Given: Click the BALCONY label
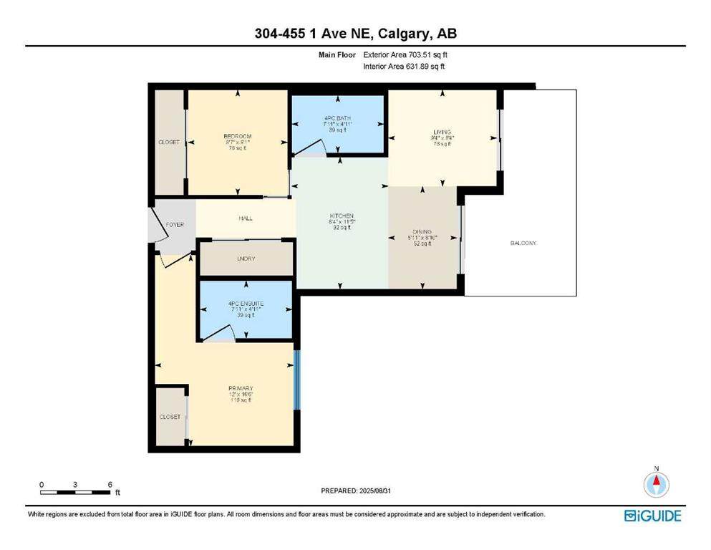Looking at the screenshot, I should (x=523, y=243).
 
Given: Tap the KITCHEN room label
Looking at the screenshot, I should (x=342, y=216).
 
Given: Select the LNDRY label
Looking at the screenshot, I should (x=246, y=259).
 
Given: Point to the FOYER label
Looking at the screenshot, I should (x=175, y=225).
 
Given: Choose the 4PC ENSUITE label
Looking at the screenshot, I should (x=246, y=304).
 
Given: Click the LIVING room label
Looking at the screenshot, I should (x=442, y=132).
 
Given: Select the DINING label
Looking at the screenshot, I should (x=422, y=233).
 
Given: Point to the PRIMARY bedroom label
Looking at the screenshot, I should (x=241, y=389).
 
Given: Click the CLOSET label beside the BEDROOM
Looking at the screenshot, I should (x=168, y=143).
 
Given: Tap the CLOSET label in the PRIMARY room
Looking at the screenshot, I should (x=170, y=417).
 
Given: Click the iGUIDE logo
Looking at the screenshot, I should (x=652, y=516).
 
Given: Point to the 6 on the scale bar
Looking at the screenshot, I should (x=110, y=485).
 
